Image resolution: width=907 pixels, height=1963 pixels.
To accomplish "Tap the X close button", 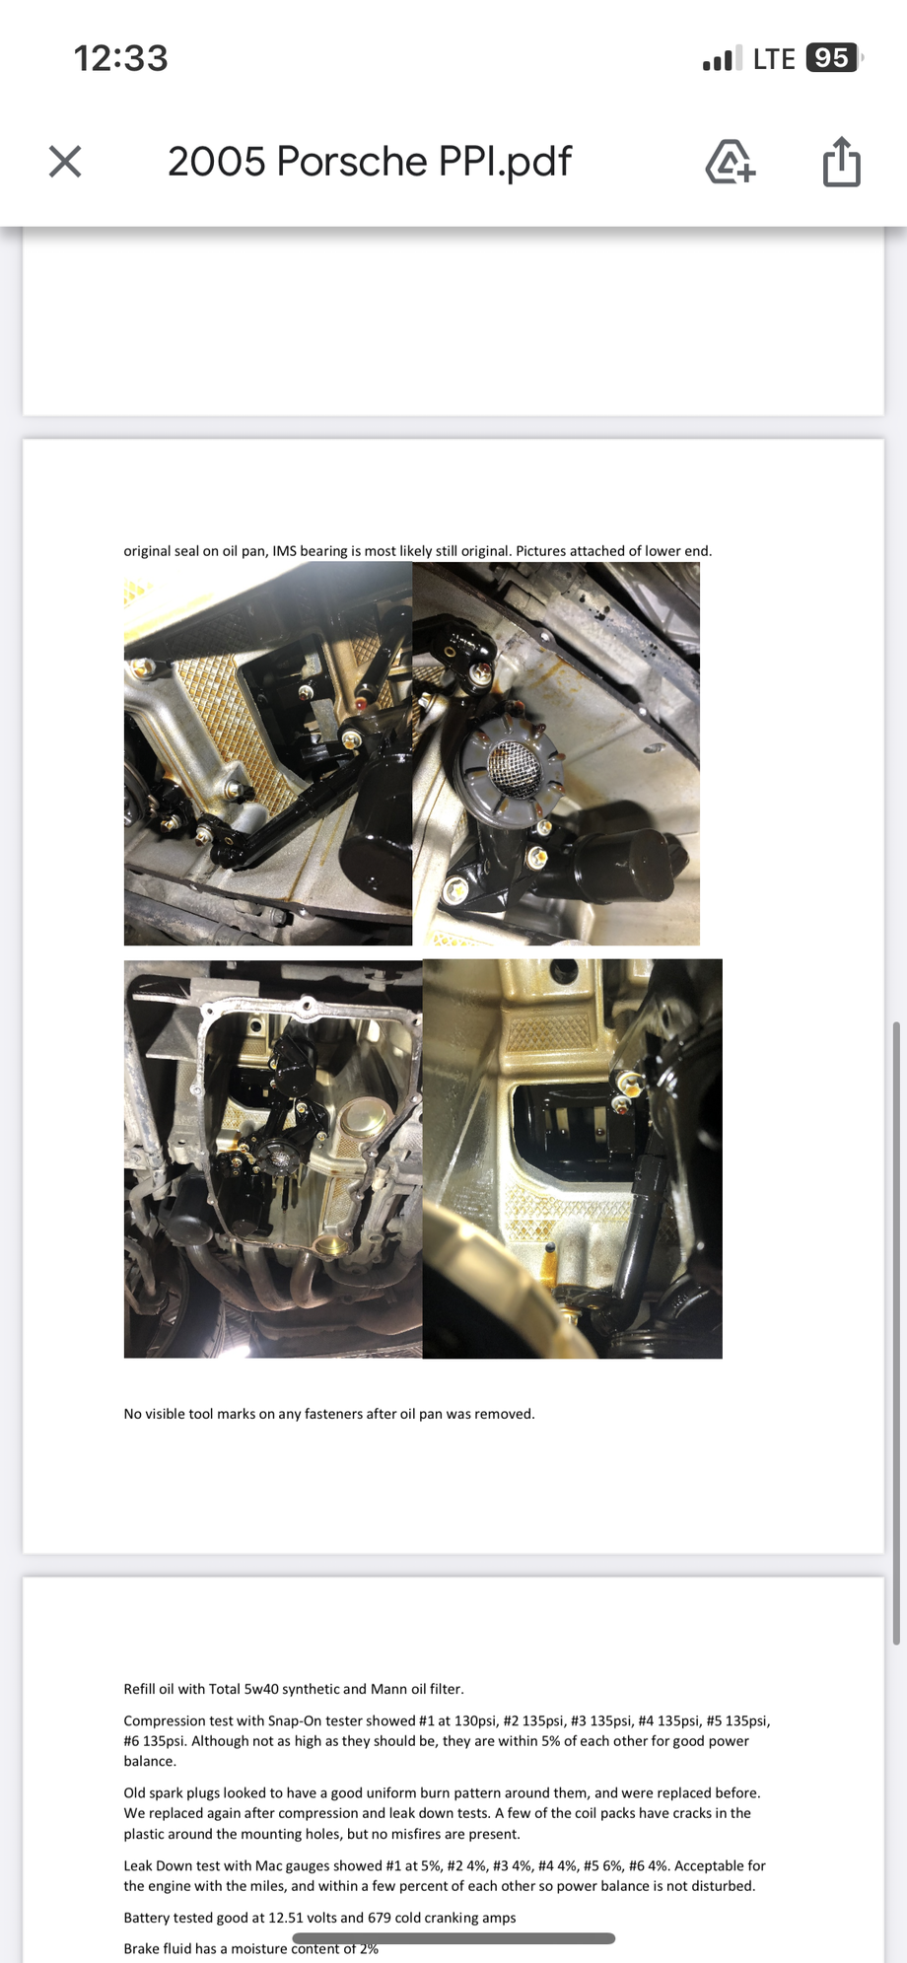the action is pos(65,162).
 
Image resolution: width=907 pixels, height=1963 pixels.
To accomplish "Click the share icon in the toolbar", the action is pos(841,162).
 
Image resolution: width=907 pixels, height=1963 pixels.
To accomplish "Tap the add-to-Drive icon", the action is pos(730,162).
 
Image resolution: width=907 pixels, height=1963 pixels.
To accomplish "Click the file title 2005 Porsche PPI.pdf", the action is pos(370,162).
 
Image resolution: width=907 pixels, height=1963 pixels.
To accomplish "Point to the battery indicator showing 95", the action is pos(833,58).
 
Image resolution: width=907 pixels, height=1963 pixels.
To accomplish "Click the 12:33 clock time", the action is pos(120,58).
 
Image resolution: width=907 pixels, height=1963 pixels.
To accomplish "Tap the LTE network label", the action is pos(774,59).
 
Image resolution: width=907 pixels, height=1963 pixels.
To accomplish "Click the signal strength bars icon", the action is pos(722,59).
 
